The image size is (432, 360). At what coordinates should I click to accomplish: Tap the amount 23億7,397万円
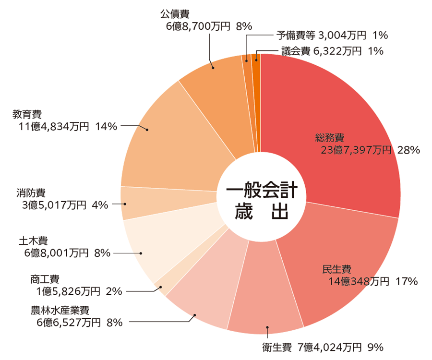click(356, 150)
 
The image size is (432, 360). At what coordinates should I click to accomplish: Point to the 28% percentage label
click(409, 150)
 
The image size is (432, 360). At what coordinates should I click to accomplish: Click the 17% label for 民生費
click(407, 281)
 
